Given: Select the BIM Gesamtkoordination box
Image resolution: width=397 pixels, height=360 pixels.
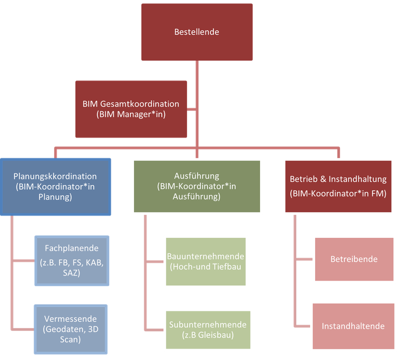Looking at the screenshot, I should pyautogui.click(x=131, y=109).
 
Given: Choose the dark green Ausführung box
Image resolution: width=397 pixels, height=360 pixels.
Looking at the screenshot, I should pyautogui.click(x=197, y=187).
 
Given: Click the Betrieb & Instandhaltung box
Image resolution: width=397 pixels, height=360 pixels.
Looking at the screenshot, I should pyautogui.click(x=338, y=187).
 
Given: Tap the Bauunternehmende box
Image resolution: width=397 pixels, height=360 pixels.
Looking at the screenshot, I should pyautogui.click(x=206, y=261).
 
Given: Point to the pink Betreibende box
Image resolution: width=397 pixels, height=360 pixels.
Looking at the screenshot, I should pyautogui.click(x=353, y=259).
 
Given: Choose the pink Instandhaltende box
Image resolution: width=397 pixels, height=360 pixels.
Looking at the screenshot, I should pyautogui.click(x=353, y=326).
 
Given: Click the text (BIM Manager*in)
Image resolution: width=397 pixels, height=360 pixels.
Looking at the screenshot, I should pyautogui.click(x=131, y=115).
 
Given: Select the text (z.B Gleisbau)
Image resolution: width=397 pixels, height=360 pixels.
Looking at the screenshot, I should pyautogui.click(x=208, y=335).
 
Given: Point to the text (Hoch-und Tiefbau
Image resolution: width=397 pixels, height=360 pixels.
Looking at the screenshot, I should pyautogui.click(x=206, y=267).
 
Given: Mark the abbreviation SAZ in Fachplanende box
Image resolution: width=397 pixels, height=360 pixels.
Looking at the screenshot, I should pyautogui.click(x=72, y=272).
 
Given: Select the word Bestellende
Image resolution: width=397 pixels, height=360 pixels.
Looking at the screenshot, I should pyautogui.click(x=197, y=32).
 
